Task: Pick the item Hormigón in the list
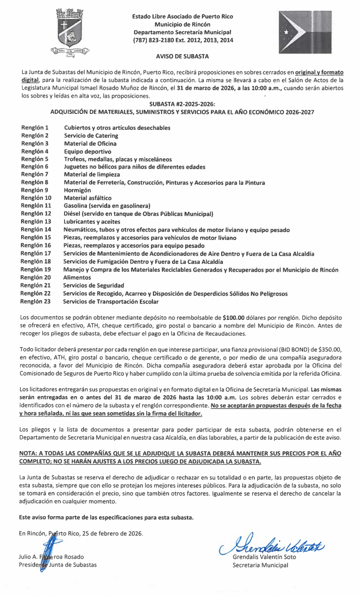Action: [x=78, y=191]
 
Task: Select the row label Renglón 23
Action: [x=36, y=302]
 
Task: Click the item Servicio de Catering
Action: [x=91, y=136]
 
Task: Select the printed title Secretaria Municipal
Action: [x=260, y=565]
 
